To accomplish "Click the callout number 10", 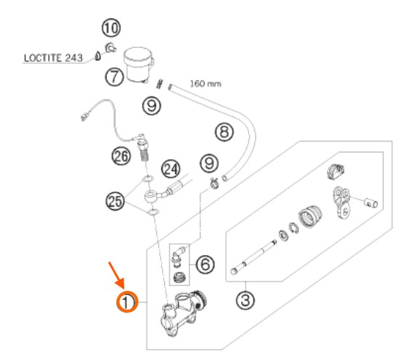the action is click(111, 28).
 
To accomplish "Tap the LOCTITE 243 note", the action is click(53, 58).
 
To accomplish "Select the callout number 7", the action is click(114, 77).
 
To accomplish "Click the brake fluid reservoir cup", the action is click(139, 65).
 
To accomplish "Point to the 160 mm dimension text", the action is click(206, 84).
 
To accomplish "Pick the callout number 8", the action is click(224, 131).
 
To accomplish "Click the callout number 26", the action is click(121, 156).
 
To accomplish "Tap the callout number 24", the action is click(171, 169).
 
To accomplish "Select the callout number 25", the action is click(115, 202).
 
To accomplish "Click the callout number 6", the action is click(205, 264).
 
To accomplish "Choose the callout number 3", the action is click(245, 300).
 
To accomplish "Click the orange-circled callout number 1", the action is click(127, 302).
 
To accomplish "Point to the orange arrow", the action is click(116, 276).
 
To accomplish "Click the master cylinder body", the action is click(182, 314).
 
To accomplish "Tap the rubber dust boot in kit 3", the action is click(310, 216).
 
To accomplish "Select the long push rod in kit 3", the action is click(254, 258).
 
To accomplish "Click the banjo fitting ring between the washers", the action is click(151, 196).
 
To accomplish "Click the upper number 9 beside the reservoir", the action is click(152, 105).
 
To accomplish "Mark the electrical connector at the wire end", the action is click(84, 116).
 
